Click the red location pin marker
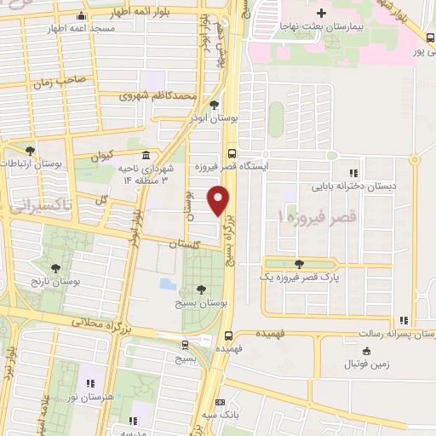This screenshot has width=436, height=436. tap(220, 201)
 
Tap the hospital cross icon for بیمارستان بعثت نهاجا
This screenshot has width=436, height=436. tap(320, 14)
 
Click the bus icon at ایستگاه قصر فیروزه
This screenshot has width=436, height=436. tap(232, 153)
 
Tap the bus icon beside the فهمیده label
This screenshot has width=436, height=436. tap(229, 335)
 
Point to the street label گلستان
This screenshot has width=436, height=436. tap(181, 244)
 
